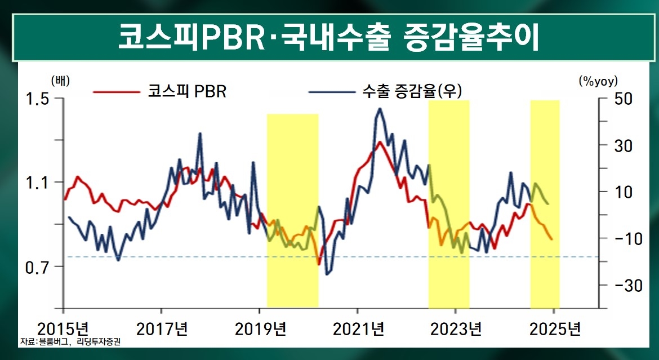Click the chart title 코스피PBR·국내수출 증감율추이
pyautogui.click(x=329, y=37)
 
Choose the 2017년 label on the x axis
pyautogui.click(x=162, y=328)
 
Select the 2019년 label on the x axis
pyautogui.click(x=260, y=328)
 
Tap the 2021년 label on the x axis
pyautogui.click(x=358, y=328)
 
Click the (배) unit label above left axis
pyautogui.click(x=60, y=81)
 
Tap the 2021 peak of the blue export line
pyautogui.click(x=380, y=109)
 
